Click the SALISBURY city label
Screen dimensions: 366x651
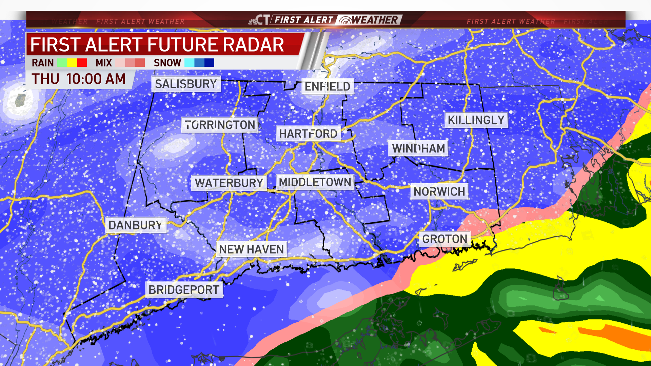(186, 84)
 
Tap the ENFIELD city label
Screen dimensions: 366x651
(327, 86)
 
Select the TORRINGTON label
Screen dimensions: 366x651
(220, 125)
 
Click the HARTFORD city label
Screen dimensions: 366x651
(308, 134)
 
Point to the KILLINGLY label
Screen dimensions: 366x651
(476, 120)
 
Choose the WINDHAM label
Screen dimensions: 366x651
(418, 148)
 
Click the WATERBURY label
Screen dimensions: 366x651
(229, 183)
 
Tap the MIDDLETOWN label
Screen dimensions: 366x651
(315, 182)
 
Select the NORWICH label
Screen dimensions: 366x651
(439, 192)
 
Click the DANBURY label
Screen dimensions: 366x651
(136, 225)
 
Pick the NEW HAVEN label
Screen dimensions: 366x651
(252, 249)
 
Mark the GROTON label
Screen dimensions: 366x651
(445, 239)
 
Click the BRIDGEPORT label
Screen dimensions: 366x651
(184, 290)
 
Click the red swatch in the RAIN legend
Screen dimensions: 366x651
(82, 63)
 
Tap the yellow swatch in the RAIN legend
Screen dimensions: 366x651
(72, 63)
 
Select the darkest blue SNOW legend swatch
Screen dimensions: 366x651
(209, 63)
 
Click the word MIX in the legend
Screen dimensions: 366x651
(104, 63)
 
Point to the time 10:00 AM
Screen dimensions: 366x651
(96, 79)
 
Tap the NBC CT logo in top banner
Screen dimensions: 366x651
(259, 20)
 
